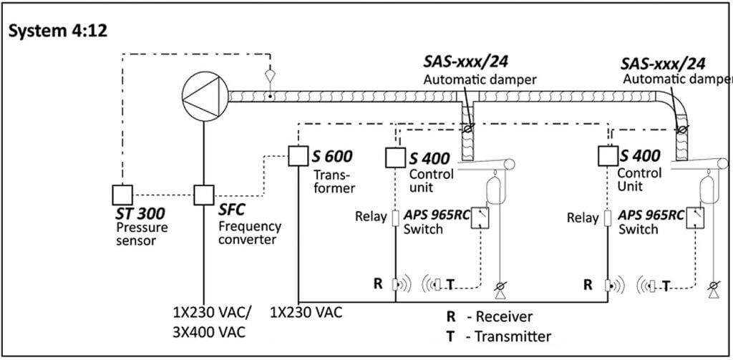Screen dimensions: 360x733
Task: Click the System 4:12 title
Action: [x=58, y=31]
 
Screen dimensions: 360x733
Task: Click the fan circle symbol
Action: [x=203, y=94]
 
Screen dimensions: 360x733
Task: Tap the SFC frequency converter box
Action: [x=204, y=194]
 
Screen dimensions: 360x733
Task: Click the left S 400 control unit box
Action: [x=396, y=157]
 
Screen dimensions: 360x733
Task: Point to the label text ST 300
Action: [x=140, y=213]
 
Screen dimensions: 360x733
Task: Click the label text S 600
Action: [x=331, y=156]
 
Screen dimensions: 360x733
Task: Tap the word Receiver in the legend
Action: [x=508, y=316]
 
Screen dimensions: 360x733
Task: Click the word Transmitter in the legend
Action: [x=514, y=336]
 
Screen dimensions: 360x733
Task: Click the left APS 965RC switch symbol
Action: [x=480, y=218]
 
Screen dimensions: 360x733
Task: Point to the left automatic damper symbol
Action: [x=468, y=129]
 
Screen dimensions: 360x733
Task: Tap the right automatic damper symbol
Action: [x=680, y=129]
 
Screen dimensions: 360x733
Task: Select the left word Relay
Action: [x=371, y=216]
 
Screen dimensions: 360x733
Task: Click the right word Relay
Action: [x=583, y=217]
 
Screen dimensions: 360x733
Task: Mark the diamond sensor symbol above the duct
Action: [x=269, y=74]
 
